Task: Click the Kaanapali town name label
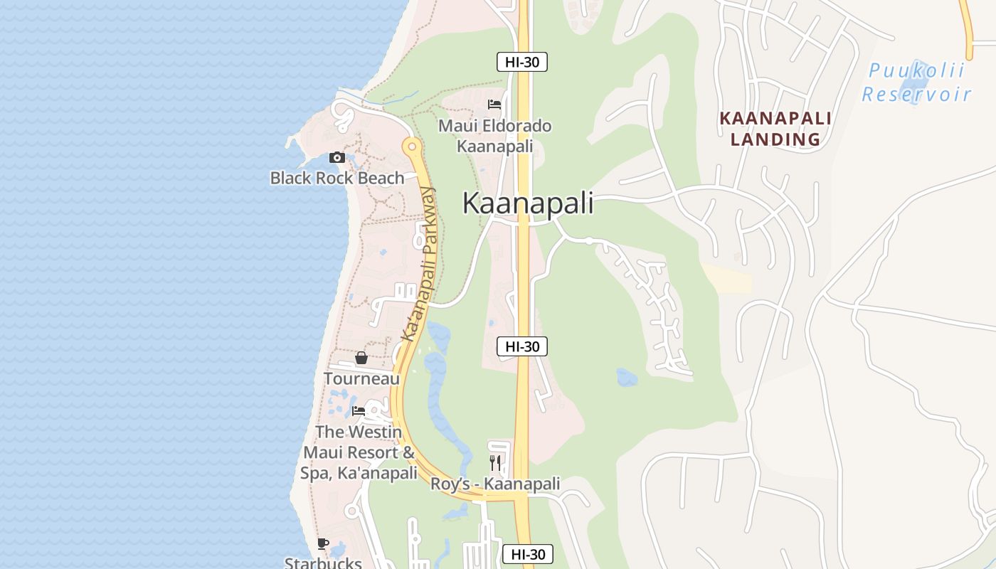(528, 203)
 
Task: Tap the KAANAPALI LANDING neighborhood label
(775, 129)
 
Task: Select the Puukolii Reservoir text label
(916, 82)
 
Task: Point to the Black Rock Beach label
(337, 178)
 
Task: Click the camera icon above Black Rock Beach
(337, 157)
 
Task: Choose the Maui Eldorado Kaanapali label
(495, 136)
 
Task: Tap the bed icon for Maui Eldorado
(494, 105)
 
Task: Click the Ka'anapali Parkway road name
(418, 263)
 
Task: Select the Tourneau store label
(361, 378)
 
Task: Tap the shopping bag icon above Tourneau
(361, 358)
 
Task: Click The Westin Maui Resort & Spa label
(359, 452)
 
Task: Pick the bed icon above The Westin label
(359, 411)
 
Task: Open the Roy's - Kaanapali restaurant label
(495, 484)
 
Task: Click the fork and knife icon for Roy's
(495, 463)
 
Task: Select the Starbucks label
(323, 563)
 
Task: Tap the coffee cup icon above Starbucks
(323, 544)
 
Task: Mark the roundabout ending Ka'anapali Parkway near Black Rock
(411, 147)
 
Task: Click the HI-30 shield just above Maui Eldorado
(521, 62)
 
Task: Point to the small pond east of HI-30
(627, 377)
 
